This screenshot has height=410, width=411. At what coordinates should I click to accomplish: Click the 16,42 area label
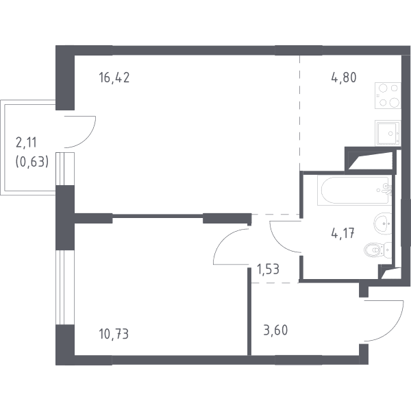[114, 77]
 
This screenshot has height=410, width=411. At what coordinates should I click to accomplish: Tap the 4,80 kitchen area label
[344, 77]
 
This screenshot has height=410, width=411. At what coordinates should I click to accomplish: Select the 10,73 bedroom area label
[114, 334]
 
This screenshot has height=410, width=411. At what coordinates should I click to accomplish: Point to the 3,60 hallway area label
[275, 330]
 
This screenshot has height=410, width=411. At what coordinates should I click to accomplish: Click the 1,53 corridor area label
[268, 269]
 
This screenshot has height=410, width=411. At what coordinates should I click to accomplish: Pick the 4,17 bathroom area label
[343, 233]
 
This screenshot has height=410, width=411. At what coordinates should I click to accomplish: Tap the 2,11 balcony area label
[26, 143]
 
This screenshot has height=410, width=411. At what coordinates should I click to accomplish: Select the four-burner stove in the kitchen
[388, 95]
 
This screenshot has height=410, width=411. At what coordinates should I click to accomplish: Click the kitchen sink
[388, 133]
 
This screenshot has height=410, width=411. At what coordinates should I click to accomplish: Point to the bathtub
[354, 191]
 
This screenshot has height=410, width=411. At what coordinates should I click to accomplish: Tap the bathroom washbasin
[383, 224]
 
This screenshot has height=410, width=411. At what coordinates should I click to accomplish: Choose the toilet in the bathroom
[377, 250]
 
